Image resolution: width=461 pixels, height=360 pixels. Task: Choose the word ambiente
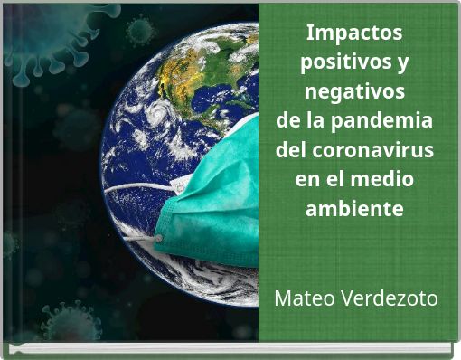[x=354, y=208]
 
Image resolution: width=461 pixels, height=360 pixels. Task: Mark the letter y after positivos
[x=401, y=64]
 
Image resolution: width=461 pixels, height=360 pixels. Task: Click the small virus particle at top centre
[x=139, y=33]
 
